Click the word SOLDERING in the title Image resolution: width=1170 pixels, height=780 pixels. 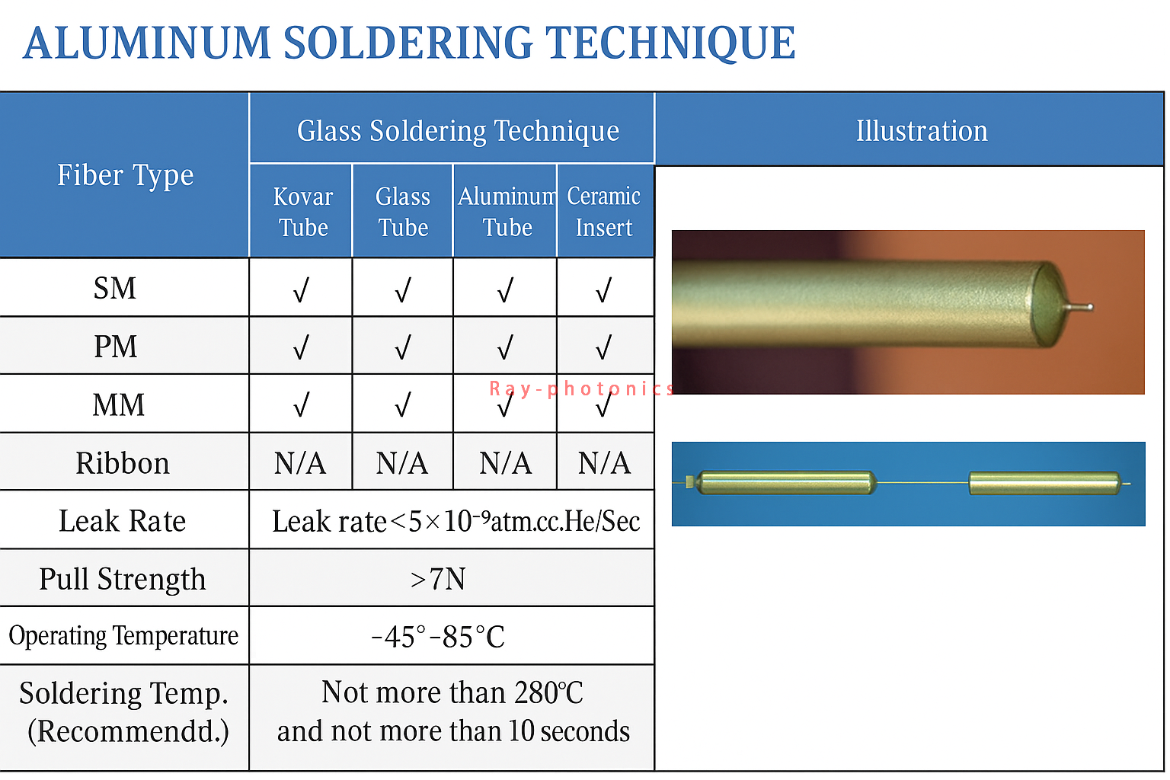pyautogui.click(x=408, y=43)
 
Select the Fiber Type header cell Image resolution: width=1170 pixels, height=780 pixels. pyautogui.click(x=125, y=175)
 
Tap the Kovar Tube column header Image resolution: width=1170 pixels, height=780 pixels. pyautogui.click(x=302, y=212)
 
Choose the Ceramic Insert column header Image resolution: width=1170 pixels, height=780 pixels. pyautogui.click(x=604, y=212)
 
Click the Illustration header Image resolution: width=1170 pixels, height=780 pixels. pyautogui.click(x=922, y=130)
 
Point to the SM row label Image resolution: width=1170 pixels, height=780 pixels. pyautogui.click(x=115, y=288)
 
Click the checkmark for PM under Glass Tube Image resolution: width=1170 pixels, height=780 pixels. pyautogui.click(x=403, y=347)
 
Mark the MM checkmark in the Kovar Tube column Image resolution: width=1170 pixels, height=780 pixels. pyautogui.click(x=301, y=404)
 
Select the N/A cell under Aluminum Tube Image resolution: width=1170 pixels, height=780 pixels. pyautogui.click(x=505, y=463)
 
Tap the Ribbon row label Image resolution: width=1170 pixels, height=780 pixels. pyautogui.click(x=123, y=463)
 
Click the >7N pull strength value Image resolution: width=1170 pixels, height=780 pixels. pyautogui.click(x=438, y=579)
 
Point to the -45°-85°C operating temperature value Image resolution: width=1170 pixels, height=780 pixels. pyautogui.click(x=438, y=637)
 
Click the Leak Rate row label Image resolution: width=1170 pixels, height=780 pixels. pyautogui.click(x=122, y=521)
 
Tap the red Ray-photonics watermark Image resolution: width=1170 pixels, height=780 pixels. pyautogui.click(x=581, y=388)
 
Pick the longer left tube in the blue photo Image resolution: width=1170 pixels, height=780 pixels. pyautogui.click(x=786, y=483)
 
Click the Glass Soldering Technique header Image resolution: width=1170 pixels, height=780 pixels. pyautogui.click(x=458, y=130)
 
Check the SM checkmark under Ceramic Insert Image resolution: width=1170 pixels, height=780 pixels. pyautogui.click(x=604, y=289)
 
